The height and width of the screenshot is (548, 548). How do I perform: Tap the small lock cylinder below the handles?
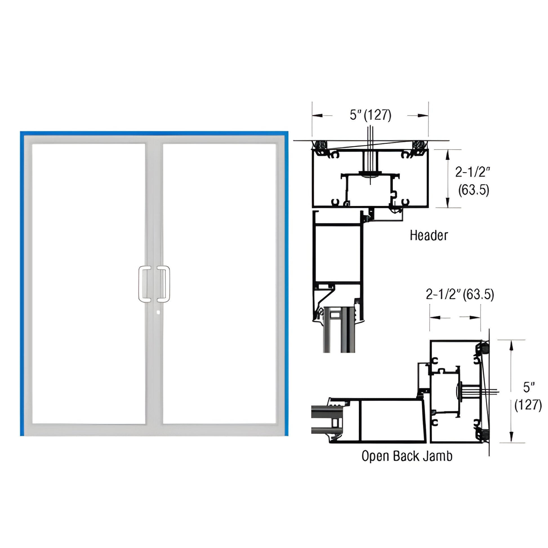click(x=158, y=313)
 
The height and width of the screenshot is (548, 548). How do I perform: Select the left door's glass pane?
click(x=88, y=284)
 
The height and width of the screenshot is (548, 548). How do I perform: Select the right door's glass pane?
click(x=220, y=284)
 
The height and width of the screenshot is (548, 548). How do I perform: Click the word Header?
click(x=429, y=235)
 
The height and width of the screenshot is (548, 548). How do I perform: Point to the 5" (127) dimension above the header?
click(x=370, y=115)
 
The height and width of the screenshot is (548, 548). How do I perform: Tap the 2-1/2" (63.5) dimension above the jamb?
click(x=460, y=295)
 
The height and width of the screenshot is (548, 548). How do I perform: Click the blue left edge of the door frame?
click(x=22, y=284)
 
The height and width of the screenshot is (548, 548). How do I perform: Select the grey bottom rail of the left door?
click(x=88, y=430)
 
